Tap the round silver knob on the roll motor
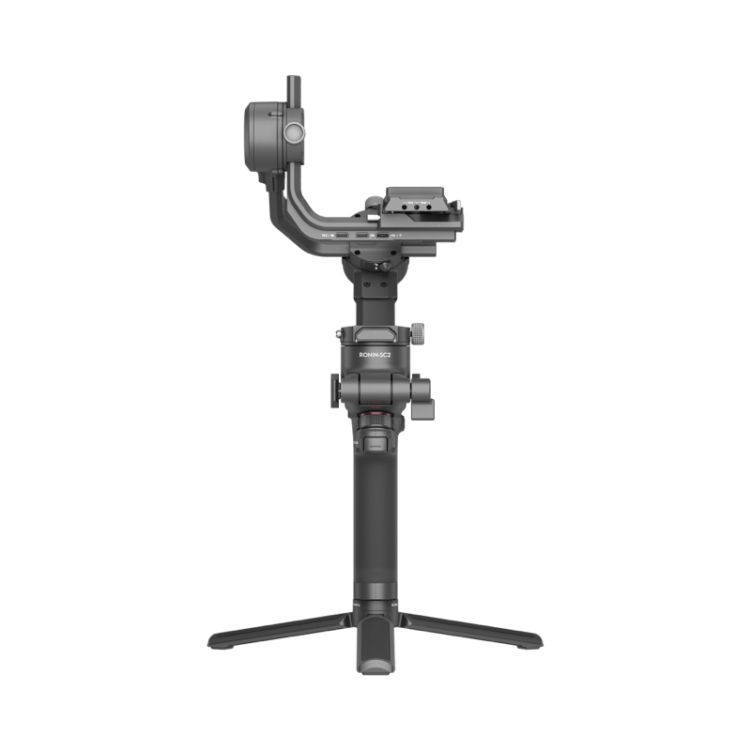point(294,131)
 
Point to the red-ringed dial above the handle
point(375,415)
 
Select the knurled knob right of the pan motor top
point(418,331)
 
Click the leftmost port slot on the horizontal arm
point(342,234)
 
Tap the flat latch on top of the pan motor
point(375,331)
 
